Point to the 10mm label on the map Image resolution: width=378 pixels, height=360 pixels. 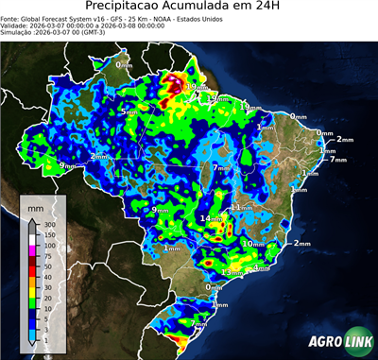coord(253,244)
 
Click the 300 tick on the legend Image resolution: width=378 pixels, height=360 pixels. coord(49,224)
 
